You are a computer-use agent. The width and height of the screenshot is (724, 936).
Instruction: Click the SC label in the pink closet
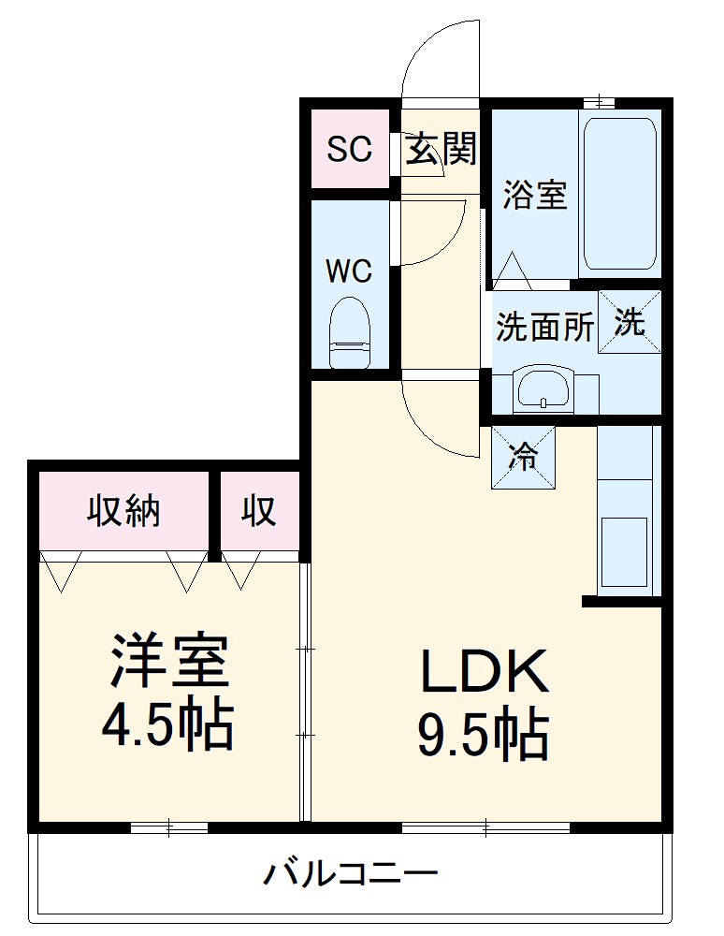point(349,149)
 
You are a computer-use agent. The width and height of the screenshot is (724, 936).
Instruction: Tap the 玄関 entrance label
point(441,149)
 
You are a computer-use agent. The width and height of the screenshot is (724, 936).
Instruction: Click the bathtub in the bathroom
point(618,192)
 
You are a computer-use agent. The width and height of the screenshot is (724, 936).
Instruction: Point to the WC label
point(349,271)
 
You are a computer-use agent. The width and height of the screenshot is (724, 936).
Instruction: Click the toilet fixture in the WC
point(351,334)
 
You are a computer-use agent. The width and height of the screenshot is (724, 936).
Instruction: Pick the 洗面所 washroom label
point(544,327)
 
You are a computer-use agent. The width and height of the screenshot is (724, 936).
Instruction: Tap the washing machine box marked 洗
point(630,322)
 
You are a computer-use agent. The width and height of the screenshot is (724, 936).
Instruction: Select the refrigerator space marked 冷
point(524,457)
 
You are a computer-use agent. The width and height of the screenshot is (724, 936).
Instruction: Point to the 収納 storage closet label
point(124,512)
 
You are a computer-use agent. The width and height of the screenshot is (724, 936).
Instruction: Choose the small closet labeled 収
point(259,512)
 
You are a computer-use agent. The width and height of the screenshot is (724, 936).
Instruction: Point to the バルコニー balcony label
point(350,875)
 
